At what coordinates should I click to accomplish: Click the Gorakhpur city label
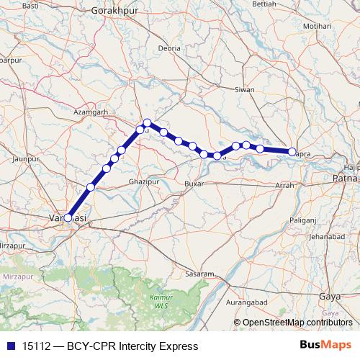[115, 12]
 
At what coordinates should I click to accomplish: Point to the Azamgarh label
[91, 112]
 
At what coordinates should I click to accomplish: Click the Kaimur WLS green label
[152, 301]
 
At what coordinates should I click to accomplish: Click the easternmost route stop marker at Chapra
[292, 152]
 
